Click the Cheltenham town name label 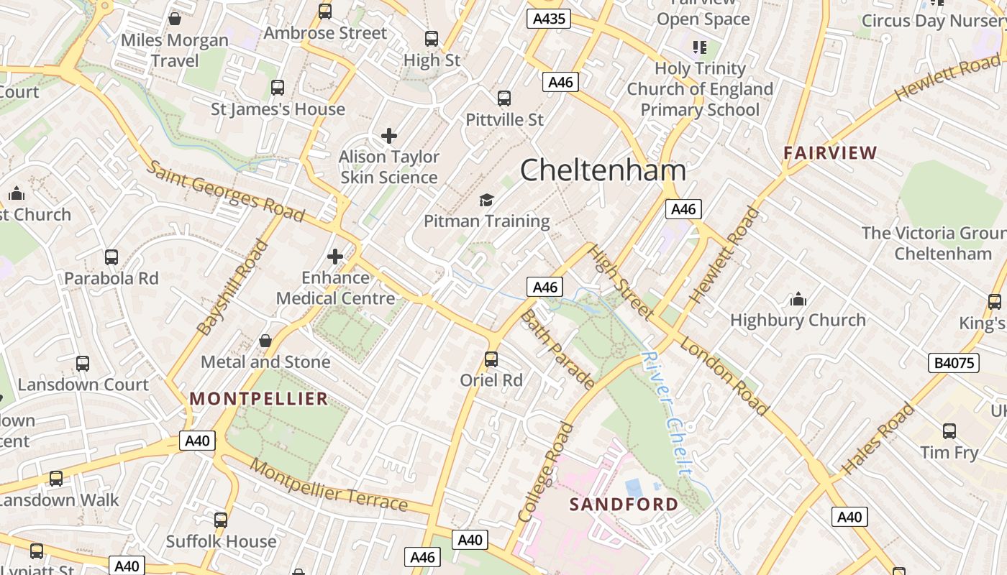point(603,170)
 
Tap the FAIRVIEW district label point(830,152)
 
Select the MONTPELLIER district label point(259,398)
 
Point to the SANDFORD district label point(624,504)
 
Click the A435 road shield point(548,19)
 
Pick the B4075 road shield point(954,363)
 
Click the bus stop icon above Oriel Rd point(491,359)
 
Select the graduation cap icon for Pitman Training point(486,200)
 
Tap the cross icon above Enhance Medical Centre point(335,256)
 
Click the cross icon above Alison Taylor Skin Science point(389,135)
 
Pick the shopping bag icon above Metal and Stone point(265,341)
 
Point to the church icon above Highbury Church point(798,298)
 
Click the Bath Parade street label point(557,349)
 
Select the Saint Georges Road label point(225,191)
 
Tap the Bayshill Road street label point(232,287)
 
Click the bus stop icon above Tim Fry point(949,431)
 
